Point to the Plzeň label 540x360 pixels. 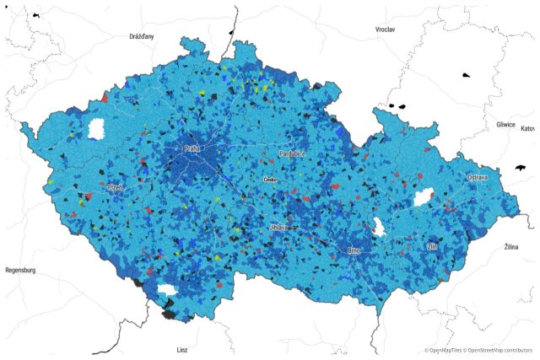pyautogui.click(x=114, y=187)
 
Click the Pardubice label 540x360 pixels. pyautogui.click(x=291, y=154)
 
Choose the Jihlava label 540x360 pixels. pyautogui.click(x=279, y=228)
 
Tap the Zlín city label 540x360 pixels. pyautogui.click(x=432, y=246)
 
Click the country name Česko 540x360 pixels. pyautogui.click(x=271, y=180)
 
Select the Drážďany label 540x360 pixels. pyautogui.click(x=142, y=37)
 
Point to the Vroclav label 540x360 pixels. pyautogui.click(x=385, y=30)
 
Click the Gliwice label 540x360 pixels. pyautogui.click(x=506, y=124)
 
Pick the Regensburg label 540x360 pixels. pyautogui.click(x=20, y=271)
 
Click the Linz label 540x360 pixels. pyautogui.click(x=182, y=349)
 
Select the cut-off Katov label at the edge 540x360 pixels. pyautogui.click(x=528, y=129)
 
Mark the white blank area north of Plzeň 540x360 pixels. pyautogui.click(x=96, y=129)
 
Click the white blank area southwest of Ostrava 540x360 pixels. pyautogui.click(x=423, y=197)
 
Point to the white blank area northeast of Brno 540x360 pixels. pyautogui.click(x=379, y=226)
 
